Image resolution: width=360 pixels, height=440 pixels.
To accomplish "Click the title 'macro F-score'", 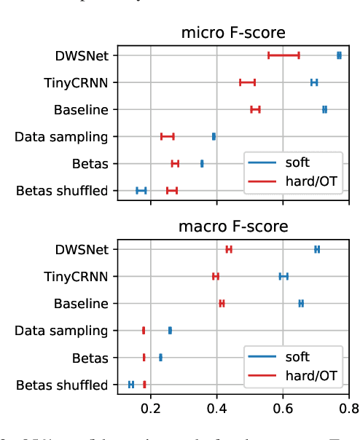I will point(233,227).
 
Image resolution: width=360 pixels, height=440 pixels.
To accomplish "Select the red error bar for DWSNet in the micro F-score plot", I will point(283,55).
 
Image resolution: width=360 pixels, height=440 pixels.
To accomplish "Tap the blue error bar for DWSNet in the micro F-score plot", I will point(339,55).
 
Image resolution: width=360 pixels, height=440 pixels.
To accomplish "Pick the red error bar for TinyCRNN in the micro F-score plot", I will point(247,82).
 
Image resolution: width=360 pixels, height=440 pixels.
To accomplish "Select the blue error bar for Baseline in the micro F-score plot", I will point(324,109).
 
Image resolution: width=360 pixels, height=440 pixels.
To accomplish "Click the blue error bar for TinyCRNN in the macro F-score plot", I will point(283,276).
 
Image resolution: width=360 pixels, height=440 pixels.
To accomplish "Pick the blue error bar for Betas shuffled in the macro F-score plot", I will point(131,385).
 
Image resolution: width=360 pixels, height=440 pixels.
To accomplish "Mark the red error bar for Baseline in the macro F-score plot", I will point(222,303).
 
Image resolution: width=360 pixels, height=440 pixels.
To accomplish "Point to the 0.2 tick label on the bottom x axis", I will point(151,409).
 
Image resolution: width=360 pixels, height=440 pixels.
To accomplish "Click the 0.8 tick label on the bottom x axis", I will point(349,409).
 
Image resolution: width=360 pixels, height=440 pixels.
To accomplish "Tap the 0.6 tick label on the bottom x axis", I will point(283,409).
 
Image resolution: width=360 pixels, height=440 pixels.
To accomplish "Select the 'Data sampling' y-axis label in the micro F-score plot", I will point(61,136).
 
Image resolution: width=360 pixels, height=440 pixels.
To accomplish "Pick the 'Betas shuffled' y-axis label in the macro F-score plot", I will point(62,385).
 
